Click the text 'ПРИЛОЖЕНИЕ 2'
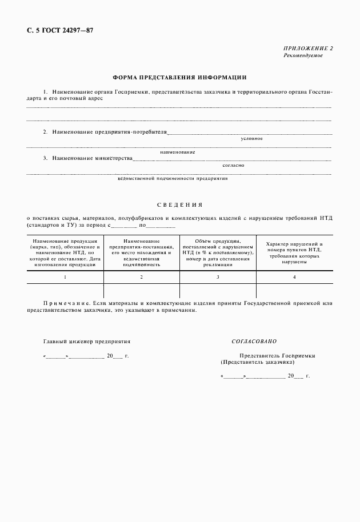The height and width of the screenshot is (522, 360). pos(308,49)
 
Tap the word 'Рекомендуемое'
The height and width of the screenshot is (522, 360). pos(303,55)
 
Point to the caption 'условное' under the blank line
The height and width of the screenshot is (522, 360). pos(251,139)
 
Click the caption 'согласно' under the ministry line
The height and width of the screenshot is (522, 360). pos(233,165)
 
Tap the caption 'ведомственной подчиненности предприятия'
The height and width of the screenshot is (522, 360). pos(172,178)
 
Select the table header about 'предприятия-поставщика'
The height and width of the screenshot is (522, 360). pos(141,252)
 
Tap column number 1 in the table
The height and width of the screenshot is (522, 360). pos(65,276)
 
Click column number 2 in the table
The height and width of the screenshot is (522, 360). pos(141,276)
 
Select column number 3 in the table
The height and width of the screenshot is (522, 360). pos(217,276)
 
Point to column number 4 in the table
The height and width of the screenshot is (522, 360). pos(294,276)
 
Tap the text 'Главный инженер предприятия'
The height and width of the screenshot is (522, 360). pos(87,341)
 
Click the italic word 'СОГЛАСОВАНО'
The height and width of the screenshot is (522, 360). pos(254,341)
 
